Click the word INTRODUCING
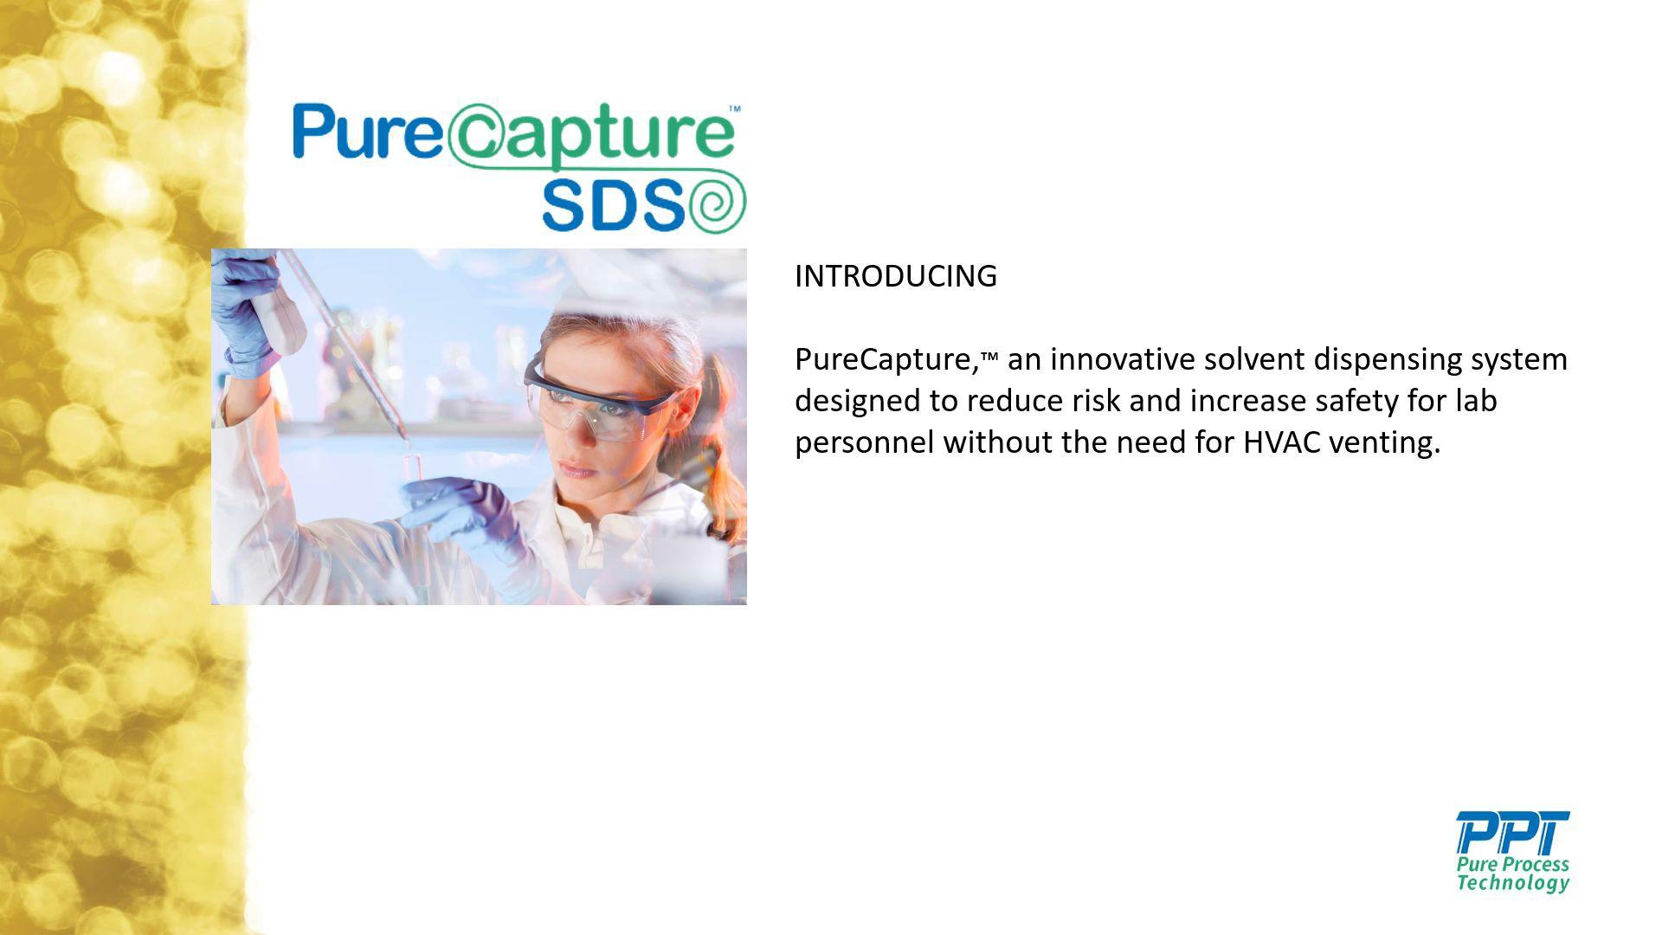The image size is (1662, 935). pos(896,276)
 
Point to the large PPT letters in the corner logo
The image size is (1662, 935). pos(1512,832)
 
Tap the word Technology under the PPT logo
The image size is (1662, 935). pos(1512,882)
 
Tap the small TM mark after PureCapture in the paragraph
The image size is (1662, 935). pos(989,355)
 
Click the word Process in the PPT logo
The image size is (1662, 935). pos(1536,864)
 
